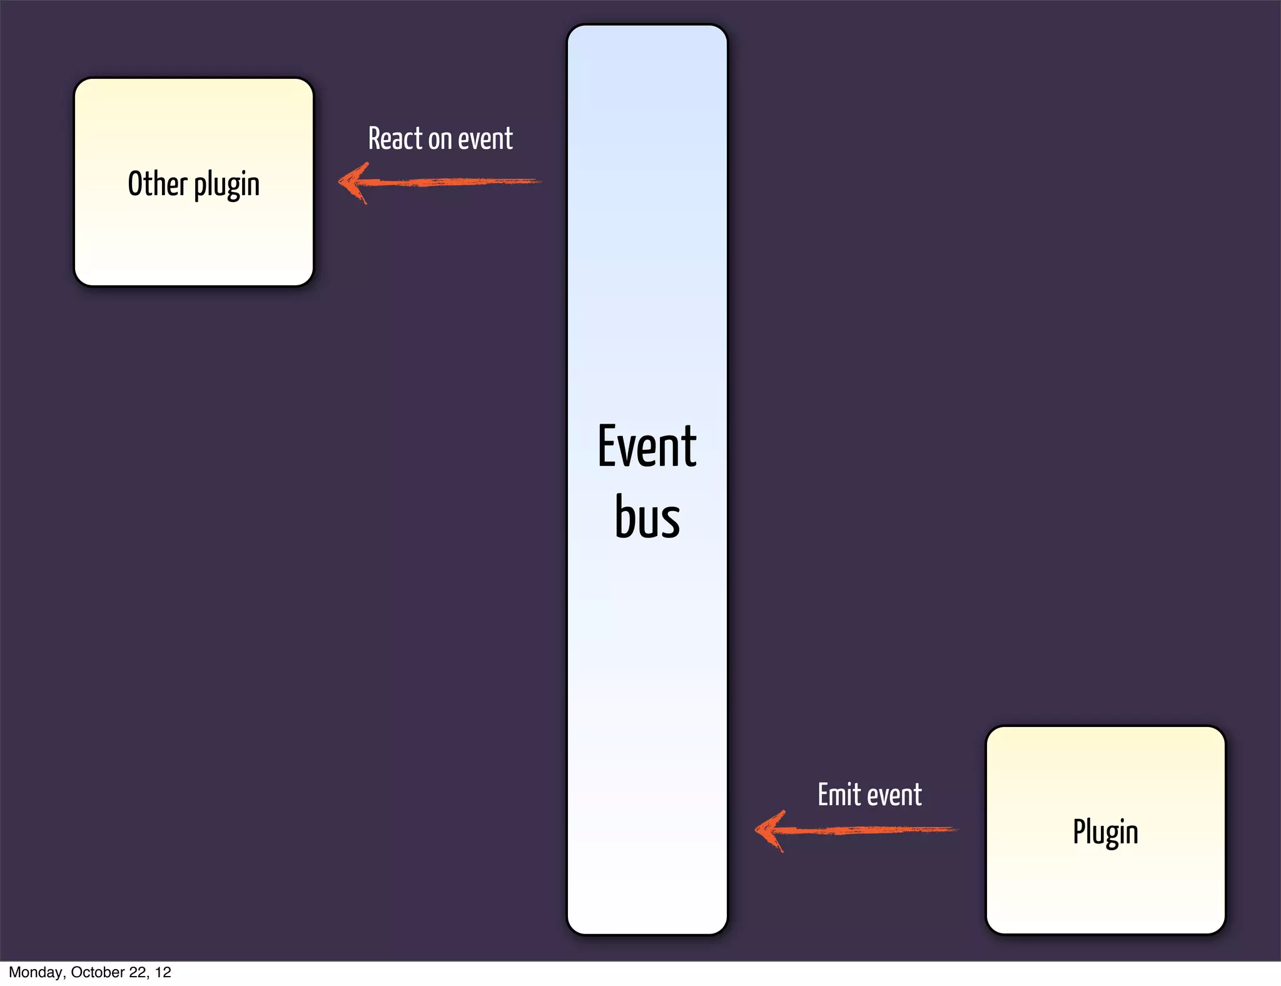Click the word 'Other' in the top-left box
point(158,184)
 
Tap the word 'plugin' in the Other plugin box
point(226,185)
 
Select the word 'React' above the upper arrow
point(395,138)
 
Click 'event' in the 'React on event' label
point(485,139)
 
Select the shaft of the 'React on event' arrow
point(457,182)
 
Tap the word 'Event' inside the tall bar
point(647,446)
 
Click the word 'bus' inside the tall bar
point(647,517)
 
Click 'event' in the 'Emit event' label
point(894,795)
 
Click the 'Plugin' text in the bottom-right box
point(1105,833)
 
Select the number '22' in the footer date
point(139,972)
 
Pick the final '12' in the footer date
point(163,972)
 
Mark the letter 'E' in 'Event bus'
point(607,446)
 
